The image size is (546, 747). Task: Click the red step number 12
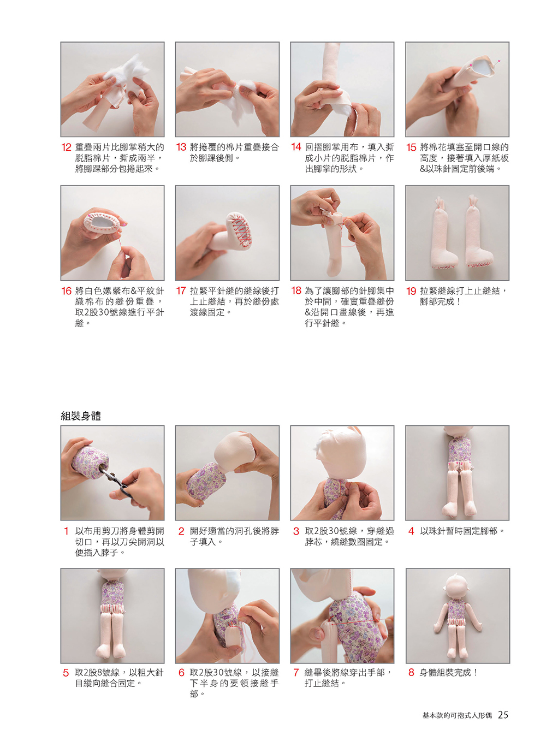pyautogui.click(x=67, y=147)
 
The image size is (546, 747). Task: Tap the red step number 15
pyautogui.click(x=411, y=147)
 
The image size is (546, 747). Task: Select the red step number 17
pyautogui.click(x=181, y=291)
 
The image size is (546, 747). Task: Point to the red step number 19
pyautogui.click(x=411, y=291)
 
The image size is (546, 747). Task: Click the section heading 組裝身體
pyautogui.click(x=81, y=416)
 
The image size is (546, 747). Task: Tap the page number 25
pyautogui.click(x=503, y=715)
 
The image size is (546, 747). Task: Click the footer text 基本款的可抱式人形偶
pyautogui.click(x=457, y=715)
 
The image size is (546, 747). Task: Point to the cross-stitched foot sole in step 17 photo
pyautogui.click(x=239, y=229)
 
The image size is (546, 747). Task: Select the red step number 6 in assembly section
pyautogui.click(x=181, y=672)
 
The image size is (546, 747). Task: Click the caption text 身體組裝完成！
pyautogui.click(x=449, y=672)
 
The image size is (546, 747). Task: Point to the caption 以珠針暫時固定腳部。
pyautogui.click(x=462, y=531)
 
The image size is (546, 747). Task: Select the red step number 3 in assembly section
pyautogui.click(x=296, y=531)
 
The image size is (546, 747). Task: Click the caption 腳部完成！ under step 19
pyautogui.click(x=440, y=302)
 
